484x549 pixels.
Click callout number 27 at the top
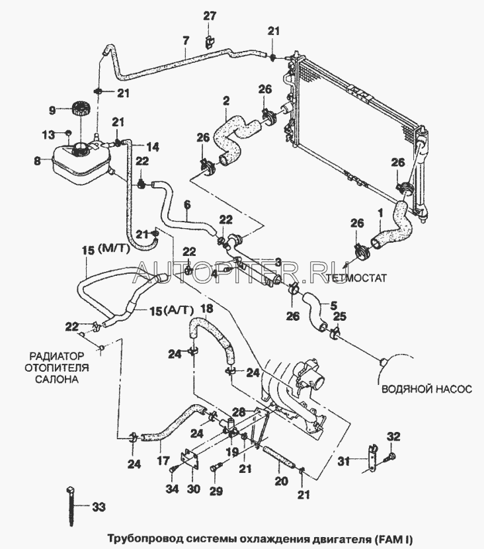click(x=210, y=16)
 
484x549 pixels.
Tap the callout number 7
click(x=186, y=41)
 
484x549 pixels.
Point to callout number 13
click(x=48, y=135)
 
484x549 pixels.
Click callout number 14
click(x=152, y=146)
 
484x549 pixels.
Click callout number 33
click(x=98, y=508)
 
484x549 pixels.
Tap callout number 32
click(x=393, y=437)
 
